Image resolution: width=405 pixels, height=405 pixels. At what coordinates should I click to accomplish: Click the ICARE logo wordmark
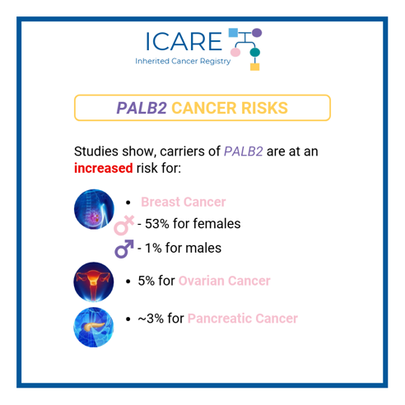click(x=182, y=41)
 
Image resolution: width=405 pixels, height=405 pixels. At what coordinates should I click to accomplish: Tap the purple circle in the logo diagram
click(x=257, y=33)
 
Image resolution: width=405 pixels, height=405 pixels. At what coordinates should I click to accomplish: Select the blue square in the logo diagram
click(x=234, y=33)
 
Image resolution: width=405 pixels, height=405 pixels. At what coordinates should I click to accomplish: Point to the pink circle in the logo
click(x=235, y=53)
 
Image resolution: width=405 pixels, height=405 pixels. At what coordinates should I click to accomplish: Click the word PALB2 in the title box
click(x=142, y=108)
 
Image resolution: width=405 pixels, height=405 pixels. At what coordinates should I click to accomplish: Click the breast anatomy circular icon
click(x=92, y=209)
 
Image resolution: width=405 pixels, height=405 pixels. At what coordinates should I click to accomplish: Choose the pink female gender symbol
click(x=123, y=225)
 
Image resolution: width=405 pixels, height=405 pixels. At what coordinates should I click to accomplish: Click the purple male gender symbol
click(x=124, y=248)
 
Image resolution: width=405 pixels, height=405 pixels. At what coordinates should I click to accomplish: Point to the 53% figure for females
click(x=158, y=224)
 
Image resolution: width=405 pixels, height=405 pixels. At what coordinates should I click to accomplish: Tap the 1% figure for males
click(x=154, y=248)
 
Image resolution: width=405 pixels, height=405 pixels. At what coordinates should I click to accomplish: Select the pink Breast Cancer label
click(x=183, y=202)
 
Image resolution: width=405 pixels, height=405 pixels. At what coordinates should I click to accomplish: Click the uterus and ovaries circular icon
click(x=92, y=282)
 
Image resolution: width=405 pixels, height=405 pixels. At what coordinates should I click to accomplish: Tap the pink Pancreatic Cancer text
click(x=242, y=319)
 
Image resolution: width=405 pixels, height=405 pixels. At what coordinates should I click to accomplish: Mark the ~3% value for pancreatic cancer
click(x=151, y=319)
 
